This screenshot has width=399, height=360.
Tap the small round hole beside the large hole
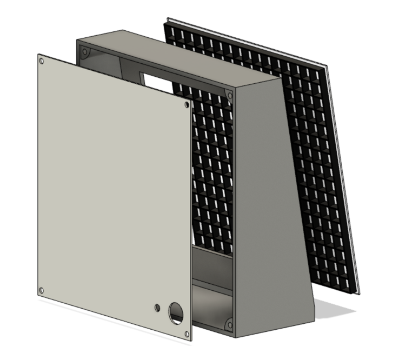(157, 307)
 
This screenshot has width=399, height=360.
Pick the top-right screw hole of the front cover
(187, 105)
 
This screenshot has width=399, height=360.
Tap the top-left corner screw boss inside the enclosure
(85, 53)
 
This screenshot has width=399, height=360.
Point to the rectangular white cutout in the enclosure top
(154, 80)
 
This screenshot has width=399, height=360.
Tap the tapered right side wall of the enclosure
(265, 205)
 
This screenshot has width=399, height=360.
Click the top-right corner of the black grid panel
(324, 69)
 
